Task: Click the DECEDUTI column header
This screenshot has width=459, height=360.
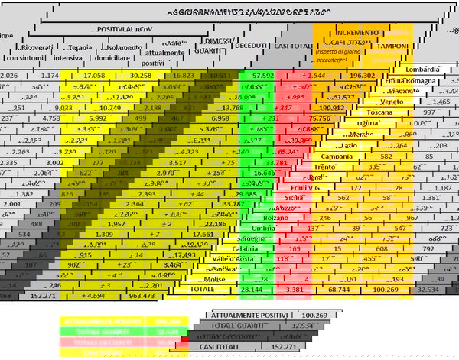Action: (256, 45)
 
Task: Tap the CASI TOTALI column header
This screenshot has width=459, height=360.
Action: (294, 45)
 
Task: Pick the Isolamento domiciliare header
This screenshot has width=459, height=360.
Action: (117, 51)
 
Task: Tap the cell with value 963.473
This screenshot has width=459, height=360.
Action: (142, 294)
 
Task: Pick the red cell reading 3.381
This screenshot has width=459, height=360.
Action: (294, 290)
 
